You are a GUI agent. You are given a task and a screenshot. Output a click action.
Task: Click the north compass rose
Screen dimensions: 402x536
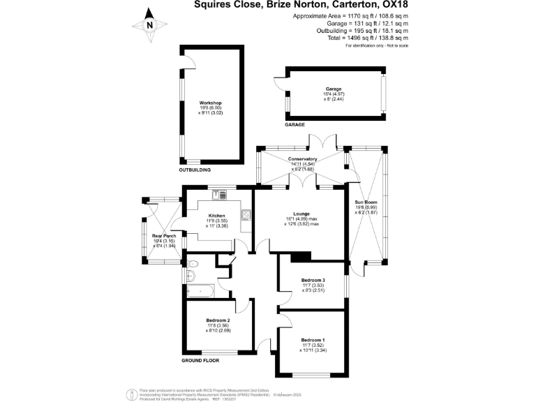point(149,25)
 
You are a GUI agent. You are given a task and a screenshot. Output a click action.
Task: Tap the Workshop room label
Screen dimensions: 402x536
point(209,103)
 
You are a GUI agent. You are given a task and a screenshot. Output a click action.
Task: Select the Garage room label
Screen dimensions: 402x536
point(333,89)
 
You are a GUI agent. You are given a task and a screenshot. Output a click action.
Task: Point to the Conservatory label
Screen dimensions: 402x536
point(302,159)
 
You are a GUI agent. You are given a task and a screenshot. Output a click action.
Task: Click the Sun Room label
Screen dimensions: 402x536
point(366,202)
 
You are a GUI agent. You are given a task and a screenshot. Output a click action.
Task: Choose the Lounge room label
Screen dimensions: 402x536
point(301,214)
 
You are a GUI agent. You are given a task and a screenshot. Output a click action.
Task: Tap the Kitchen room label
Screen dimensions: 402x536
point(216,216)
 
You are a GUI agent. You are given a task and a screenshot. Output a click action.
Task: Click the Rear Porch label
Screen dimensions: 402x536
point(164,236)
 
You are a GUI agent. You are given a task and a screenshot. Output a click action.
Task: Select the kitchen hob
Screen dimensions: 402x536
point(245,215)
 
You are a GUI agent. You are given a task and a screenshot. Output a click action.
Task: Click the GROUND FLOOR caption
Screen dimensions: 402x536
point(200,361)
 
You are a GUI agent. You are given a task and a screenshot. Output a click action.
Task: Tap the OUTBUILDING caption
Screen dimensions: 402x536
point(195,170)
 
